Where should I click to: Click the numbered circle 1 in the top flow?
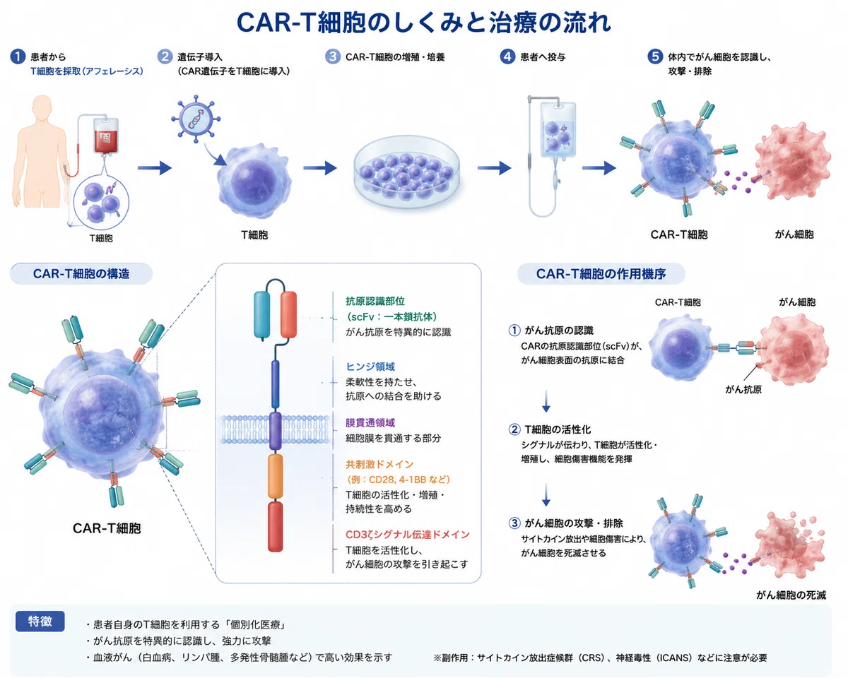click(18, 56)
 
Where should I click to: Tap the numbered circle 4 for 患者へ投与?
click(507, 56)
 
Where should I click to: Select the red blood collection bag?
click(106, 136)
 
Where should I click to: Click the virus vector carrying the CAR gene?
click(196, 118)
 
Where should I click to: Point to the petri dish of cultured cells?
click(406, 172)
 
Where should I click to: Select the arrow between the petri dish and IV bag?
click(494, 168)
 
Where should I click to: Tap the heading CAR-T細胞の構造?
click(81, 274)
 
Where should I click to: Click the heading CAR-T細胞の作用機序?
click(601, 274)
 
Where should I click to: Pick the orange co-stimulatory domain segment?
click(276, 476)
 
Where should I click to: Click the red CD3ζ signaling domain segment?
click(276, 526)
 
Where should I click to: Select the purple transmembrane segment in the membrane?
click(276, 431)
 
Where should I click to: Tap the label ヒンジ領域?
click(370, 367)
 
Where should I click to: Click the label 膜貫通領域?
click(370, 423)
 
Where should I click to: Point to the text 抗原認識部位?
click(375, 302)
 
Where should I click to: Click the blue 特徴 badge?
click(40, 621)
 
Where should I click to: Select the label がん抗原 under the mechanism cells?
click(743, 390)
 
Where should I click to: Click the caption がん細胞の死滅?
click(791, 595)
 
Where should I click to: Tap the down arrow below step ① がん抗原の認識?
click(546, 401)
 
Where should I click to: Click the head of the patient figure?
click(42, 107)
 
